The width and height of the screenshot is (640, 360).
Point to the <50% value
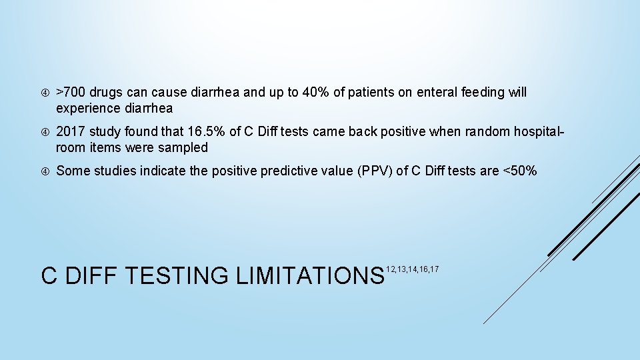click(x=519, y=171)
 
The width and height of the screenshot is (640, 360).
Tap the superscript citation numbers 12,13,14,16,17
click(x=413, y=269)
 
